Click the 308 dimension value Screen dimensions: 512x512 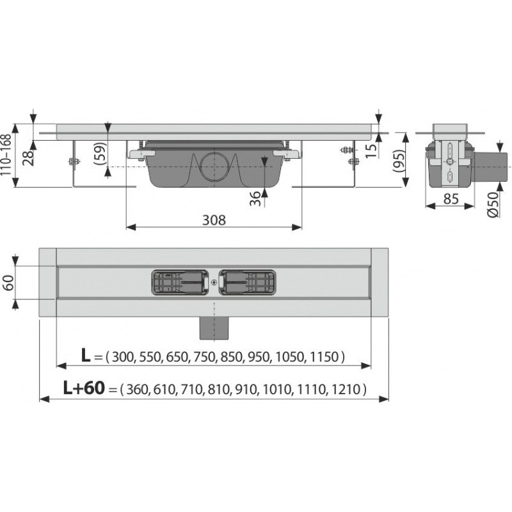coord(214,220)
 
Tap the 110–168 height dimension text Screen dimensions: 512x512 coord(6,155)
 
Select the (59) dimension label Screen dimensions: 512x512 coord(100,154)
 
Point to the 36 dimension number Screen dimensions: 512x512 coord(255,198)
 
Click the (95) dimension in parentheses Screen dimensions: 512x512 coord(399,161)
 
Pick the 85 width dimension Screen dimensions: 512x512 coord(451,198)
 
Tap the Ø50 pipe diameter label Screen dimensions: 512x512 coord(493,204)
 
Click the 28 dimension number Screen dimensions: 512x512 coord(28,158)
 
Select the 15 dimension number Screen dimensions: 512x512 coord(371,151)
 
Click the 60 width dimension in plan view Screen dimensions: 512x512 coord(8,282)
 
